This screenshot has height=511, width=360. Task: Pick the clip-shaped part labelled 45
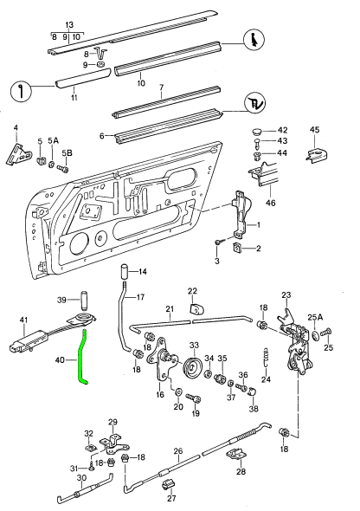pos(318,154)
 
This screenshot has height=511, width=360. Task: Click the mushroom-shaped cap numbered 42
pos(258,130)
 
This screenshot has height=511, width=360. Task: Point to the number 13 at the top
pos(69,27)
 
